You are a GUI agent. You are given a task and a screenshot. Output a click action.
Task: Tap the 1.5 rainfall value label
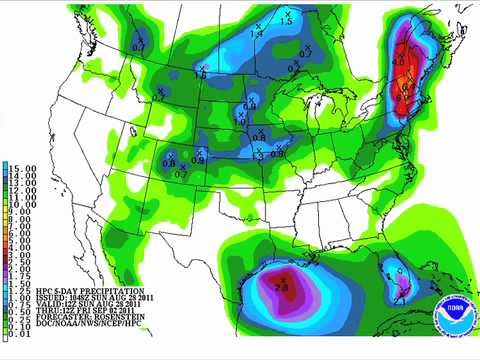(286, 21)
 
